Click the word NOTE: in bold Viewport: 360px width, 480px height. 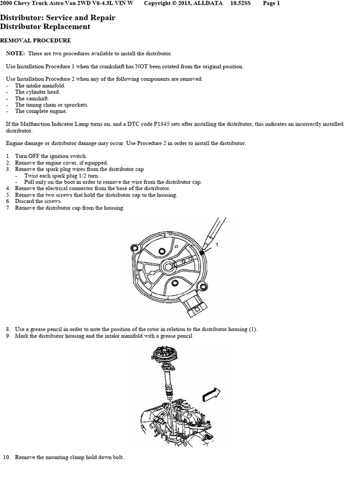15,54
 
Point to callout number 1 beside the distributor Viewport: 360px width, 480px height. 217,245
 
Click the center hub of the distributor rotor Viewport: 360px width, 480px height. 167,266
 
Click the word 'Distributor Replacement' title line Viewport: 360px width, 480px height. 45,27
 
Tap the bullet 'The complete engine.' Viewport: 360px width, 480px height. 42,112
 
